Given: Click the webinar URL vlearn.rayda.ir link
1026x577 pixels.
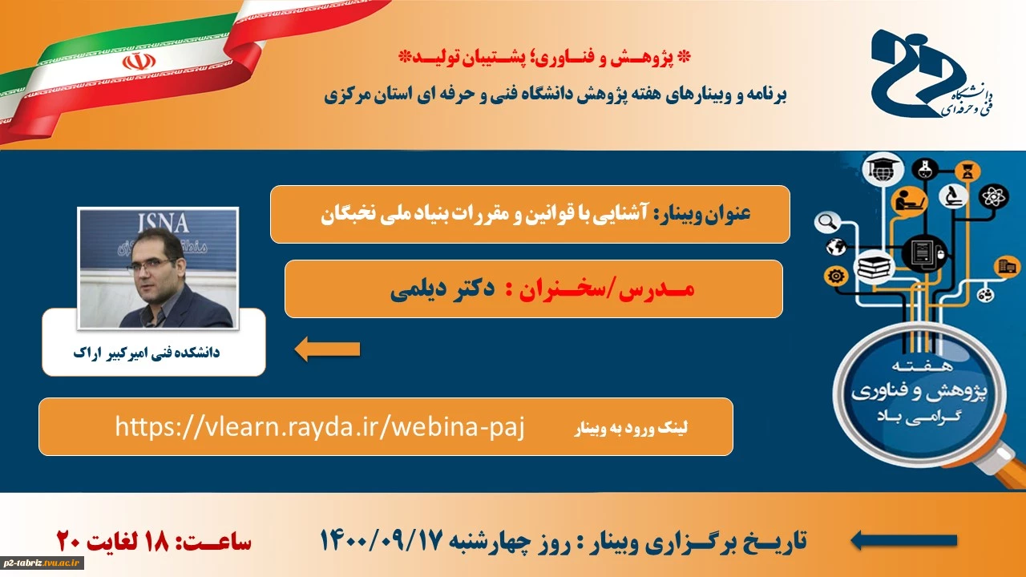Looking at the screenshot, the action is point(320,427).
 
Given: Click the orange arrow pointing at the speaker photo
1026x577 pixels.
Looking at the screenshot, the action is point(327,349).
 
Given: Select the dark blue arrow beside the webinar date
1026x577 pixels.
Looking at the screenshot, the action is point(903,541).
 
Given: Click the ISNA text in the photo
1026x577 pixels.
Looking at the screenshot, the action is point(163,224).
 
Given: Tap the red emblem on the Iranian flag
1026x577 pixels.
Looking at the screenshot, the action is point(139,61).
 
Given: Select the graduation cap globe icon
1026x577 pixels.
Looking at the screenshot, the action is point(883,169).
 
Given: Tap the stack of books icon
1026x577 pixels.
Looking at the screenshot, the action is point(874,266).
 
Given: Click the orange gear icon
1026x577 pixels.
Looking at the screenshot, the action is point(836,276).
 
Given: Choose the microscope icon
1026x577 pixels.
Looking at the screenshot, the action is point(953,196).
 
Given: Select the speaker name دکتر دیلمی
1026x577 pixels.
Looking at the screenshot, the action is point(442,289).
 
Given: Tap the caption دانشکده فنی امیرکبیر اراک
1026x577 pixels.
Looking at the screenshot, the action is point(147,353).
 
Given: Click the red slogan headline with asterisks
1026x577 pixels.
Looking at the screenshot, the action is point(544,57).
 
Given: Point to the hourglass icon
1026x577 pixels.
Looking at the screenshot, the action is point(967,171).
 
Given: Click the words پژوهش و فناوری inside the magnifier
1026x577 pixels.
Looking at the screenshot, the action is point(919,393).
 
